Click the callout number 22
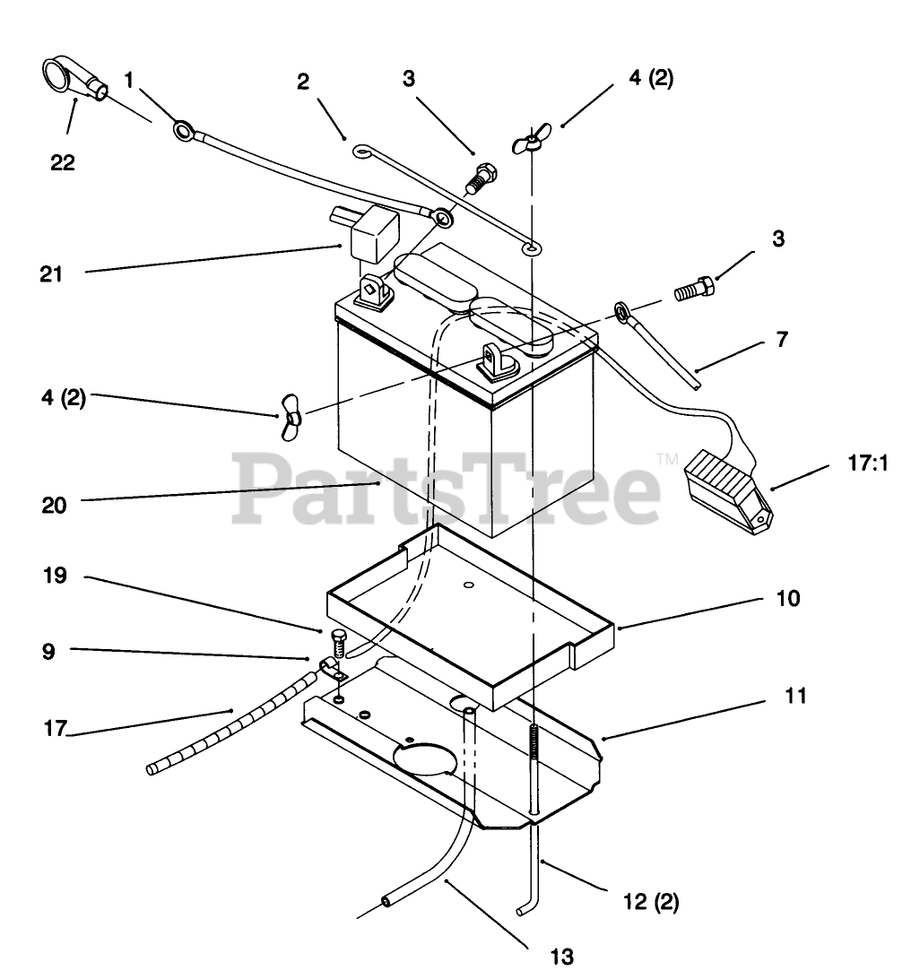pyautogui.click(x=63, y=162)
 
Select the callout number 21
pyautogui.click(x=51, y=273)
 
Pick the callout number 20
pyautogui.click(x=54, y=505)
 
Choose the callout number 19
pyautogui.click(x=55, y=575)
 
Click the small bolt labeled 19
pyautogui.click(x=337, y=641)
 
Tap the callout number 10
pyautogui.click(x=787, y=598)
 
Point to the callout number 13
pyautogui.click(x=561, y=957)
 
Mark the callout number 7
pyautogui.click(x=782, y=340)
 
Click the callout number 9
pyautogui.click(x=48, y=652)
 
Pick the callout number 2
pyautogui.click(x=303, y=82)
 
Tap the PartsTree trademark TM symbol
pyautogui.click(x=668, y=459)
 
